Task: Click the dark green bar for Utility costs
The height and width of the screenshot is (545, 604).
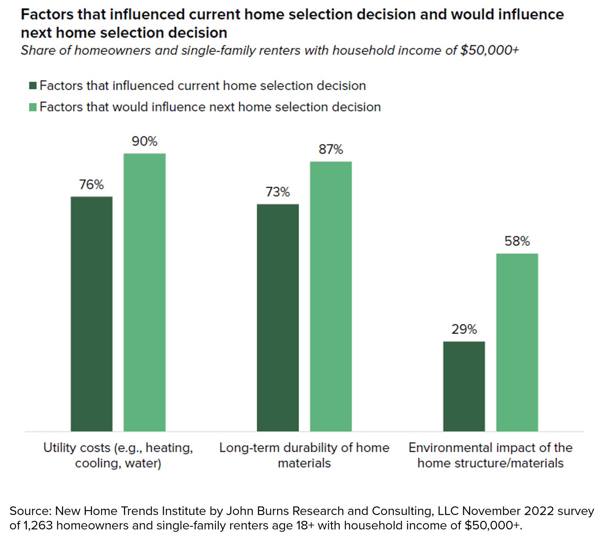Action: (92, 313)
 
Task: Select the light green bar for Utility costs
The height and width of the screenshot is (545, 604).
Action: (145, 292)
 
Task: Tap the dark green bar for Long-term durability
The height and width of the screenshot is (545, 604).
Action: (278, 317)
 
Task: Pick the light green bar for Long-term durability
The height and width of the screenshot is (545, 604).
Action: (331, 296)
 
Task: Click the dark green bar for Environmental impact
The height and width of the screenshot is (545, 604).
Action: (464, 386)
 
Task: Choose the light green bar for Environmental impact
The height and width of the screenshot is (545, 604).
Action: (517, 342)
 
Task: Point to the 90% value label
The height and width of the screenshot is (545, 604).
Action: (145, 141)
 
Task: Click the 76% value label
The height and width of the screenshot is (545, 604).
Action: (92, 184)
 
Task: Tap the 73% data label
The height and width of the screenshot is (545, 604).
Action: (278, 192)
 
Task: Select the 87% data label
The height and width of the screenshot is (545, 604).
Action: (331, 149)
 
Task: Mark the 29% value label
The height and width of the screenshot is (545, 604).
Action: (464, 329)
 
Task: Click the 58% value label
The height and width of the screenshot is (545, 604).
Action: (517, 241)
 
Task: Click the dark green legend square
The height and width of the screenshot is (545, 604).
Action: (33, 86)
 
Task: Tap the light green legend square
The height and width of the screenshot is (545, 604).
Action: (33, 107)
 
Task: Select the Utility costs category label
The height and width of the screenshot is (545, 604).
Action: (118, 455)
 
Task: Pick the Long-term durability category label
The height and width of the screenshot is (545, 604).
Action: (304, 455)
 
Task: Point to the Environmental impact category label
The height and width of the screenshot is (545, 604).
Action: (491, 455)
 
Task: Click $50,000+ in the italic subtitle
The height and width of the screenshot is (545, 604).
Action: (489, 51)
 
